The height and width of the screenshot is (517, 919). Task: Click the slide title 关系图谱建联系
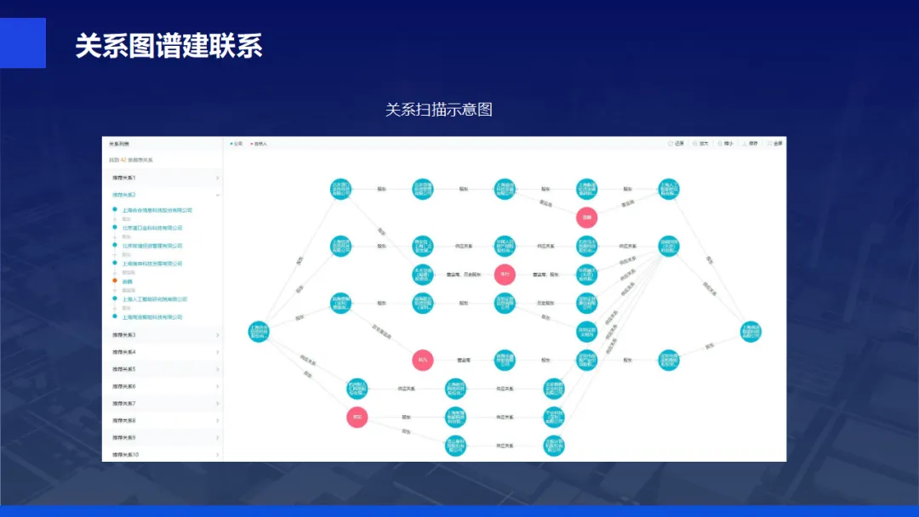click(168, 45)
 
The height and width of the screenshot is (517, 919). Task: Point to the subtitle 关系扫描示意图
click(438, 110)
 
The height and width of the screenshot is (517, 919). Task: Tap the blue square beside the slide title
click(23, 43)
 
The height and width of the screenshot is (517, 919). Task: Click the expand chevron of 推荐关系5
click(218, 369)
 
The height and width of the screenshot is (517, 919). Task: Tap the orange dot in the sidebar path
click(115, 281)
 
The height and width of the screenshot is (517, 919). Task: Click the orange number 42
click(123, 160)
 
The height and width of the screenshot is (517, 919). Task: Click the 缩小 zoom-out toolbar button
click(724, 144)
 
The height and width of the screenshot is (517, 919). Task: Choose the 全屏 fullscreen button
click(775, 144)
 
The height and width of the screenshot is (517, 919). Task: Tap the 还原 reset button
click(676, 144)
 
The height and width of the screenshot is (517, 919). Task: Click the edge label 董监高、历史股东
click(464, 274)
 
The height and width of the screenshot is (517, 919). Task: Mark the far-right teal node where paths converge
click(750, 332)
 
